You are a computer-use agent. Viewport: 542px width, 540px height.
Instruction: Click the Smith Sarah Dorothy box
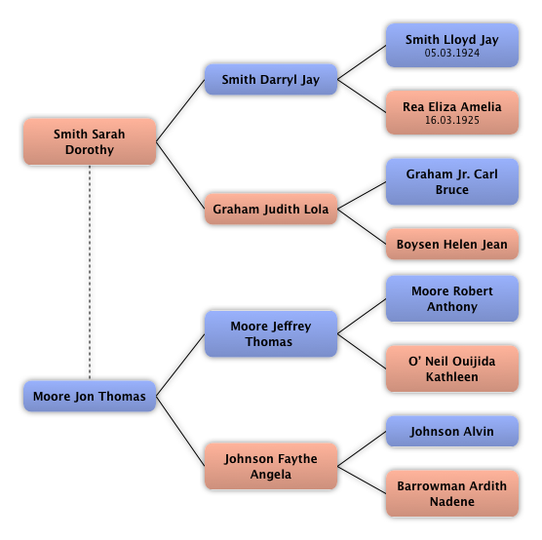[90, 141]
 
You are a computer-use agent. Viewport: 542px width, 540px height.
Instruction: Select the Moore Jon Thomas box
[90, 396]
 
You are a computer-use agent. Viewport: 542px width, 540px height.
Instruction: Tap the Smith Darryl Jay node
[271, 80]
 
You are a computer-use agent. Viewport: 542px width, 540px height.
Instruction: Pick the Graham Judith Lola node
[271, 209]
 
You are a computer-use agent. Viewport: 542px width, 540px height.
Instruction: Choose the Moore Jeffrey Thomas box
[271, 333]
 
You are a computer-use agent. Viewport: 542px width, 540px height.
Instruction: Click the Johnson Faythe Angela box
[271, 466]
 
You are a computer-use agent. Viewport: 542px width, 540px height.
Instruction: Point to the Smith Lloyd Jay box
[452, 45]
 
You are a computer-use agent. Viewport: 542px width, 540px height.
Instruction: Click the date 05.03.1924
[452, 53]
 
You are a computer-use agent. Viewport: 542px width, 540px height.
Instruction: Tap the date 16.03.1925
[452, 120]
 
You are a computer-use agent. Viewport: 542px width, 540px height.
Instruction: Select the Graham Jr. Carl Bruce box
[452, 182]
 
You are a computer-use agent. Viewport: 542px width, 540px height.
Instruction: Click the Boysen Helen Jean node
[452, 244]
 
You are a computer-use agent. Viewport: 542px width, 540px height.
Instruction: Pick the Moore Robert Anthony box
[452, 298]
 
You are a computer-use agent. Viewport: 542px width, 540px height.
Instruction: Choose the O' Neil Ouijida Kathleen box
[452, 368]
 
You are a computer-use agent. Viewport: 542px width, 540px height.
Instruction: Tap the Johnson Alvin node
[452, 432]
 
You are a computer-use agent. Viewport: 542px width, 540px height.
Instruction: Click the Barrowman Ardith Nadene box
[452, 493]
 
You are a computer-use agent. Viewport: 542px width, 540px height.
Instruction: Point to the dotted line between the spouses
[90, 273]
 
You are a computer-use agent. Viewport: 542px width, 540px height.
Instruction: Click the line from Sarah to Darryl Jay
[180, 110]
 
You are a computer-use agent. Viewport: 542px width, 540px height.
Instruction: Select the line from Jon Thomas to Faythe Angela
[180, 431]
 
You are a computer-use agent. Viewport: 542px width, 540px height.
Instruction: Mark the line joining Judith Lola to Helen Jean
[362, 226]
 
